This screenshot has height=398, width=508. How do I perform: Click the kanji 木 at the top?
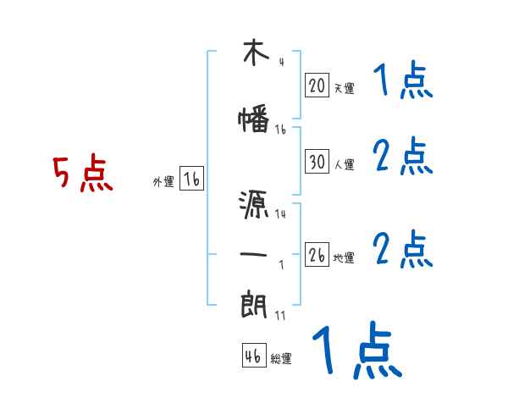click(x=254, y=53)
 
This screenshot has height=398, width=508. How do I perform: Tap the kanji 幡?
click(x=254, y=120)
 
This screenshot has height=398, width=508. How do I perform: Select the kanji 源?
click(x=254, y=204)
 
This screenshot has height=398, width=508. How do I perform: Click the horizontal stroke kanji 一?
click(x=254, y=253)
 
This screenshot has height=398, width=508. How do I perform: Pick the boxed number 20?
click(x=317, y=86)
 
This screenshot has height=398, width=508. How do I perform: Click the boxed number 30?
click(x=317, y=161)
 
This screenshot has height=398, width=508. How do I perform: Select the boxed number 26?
click(x=317, y=255)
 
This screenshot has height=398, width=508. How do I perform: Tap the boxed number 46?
click(x=253, y=356)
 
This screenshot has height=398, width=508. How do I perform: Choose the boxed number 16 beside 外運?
click(x=191, y=179)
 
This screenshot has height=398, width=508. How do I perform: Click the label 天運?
click(x=344, y=88)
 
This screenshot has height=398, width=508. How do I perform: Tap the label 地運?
click(x=344, y=257)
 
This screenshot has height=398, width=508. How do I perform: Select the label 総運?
click(x=281, y=358)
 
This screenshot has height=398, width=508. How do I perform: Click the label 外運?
click(x=163, y=181)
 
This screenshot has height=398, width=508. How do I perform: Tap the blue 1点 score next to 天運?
click(x=402, y=81)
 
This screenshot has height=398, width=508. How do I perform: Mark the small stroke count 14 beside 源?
click(x=280, y=214)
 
